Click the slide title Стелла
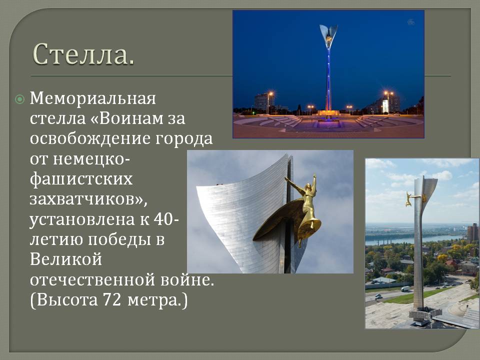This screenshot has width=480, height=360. [x=83, y=54]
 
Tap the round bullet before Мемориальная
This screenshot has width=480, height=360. [x=19, y=99]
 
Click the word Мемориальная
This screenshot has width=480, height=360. [x=93, y=98]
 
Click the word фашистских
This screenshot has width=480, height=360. [x=81, y=179]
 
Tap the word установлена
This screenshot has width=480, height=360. [x=82, y=219]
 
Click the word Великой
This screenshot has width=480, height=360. [x=66, y=259]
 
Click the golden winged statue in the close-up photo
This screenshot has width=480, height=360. [x=298, y=208]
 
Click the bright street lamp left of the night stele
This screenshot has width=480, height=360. [x=270, y=93]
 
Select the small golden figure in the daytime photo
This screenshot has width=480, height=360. [x=408, y=198]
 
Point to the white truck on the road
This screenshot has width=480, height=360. [x=405, y=288]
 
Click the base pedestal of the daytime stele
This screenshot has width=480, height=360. [x=422, y=315]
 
